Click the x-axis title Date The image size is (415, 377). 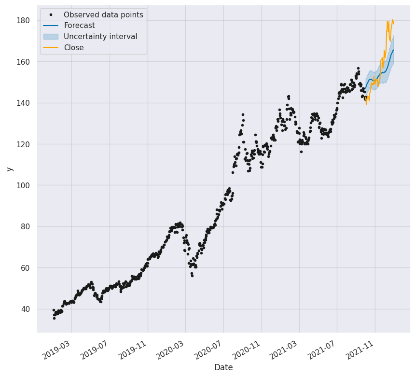point(223,368)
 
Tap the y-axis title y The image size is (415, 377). point(9,168)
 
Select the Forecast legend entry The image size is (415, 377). point(79,26)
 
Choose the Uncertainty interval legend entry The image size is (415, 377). point(100,37)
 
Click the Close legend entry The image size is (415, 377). point(73,48)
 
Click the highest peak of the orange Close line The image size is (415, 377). point(393,20)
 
